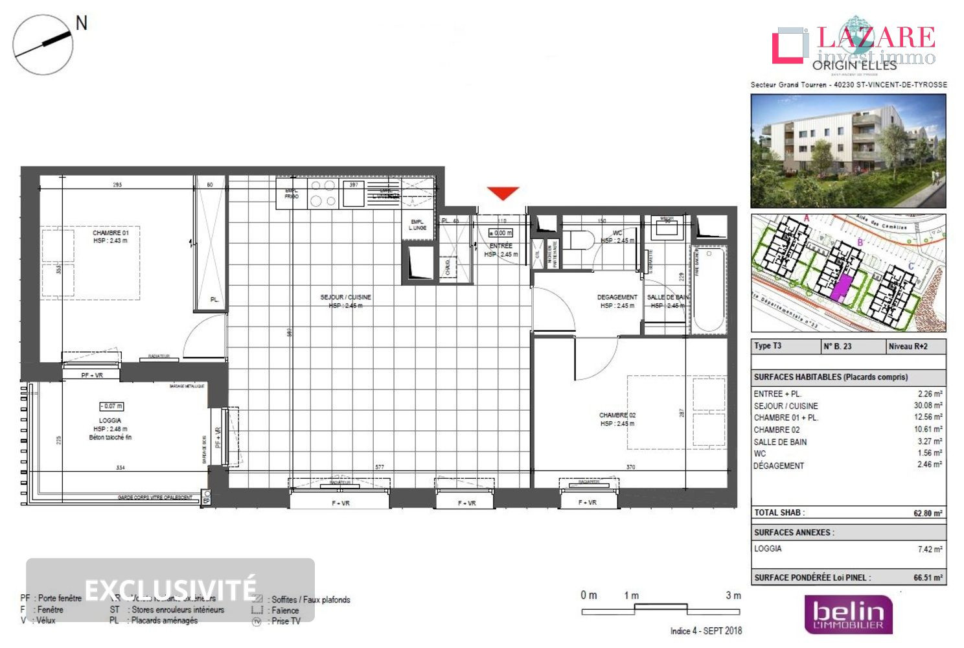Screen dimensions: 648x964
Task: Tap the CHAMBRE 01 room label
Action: coord(111,233)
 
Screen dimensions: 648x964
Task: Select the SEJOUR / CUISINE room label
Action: coord(345,297)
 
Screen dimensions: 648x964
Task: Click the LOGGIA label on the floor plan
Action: coord(110,421)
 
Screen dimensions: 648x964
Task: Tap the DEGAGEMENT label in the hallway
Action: coord(617,297)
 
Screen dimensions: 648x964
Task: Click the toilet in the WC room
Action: coord(581,241)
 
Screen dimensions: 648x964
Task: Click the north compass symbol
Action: coord(43,44)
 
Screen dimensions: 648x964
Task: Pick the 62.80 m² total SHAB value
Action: coord(927,513)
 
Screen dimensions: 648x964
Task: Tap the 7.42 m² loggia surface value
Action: coord(930,549)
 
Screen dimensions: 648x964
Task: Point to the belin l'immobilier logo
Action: coord(848,614)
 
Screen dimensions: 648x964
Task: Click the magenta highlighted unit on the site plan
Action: coord(840,286)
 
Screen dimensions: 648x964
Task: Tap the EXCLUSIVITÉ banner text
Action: coord(170,590)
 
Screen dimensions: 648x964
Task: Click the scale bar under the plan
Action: coord(660,608)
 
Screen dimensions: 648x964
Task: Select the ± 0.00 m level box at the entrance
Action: coord(500,233)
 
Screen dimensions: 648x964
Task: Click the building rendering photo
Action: coord(848,151)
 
